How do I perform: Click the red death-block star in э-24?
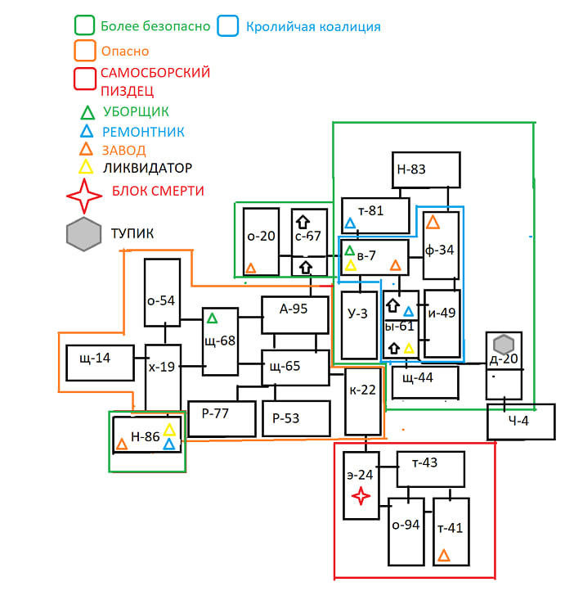[x=361, y=495]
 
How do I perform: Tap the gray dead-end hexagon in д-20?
[x=504, y=344]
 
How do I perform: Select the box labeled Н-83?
[x=425, y=171]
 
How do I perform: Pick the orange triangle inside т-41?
[x=444, y=556]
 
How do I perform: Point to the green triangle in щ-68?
[x=213, y=318]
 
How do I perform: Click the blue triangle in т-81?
[x=351, y=223]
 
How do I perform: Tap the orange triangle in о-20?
[x=251, y=268]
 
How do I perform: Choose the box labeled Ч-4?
[x=520, y=422]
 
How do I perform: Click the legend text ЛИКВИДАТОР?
[x=148, y=169]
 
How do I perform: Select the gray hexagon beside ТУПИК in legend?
[x=84, y=235]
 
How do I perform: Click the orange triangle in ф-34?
[x=433, y=222]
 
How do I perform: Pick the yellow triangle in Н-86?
[x=169, y=430]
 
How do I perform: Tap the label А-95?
[x=294, y=309]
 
